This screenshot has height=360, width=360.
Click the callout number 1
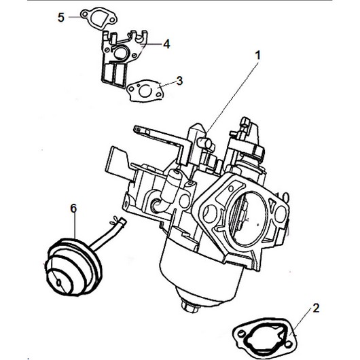point(258,56)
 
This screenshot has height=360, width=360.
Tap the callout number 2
point(316,308)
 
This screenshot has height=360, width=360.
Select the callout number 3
point(179,81)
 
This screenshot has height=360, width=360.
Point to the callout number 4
point(166,44)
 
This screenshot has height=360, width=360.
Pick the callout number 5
point(61,18)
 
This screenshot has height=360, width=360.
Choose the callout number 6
point(73,209)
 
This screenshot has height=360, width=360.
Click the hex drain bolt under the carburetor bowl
point(190,306)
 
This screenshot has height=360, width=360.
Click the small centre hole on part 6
point(59,283)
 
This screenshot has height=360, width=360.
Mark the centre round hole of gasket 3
point(145,91)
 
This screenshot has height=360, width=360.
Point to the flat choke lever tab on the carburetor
point(117,161)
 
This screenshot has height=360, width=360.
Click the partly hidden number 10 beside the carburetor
point(282,197)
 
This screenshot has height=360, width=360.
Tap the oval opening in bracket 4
point(120,52)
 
